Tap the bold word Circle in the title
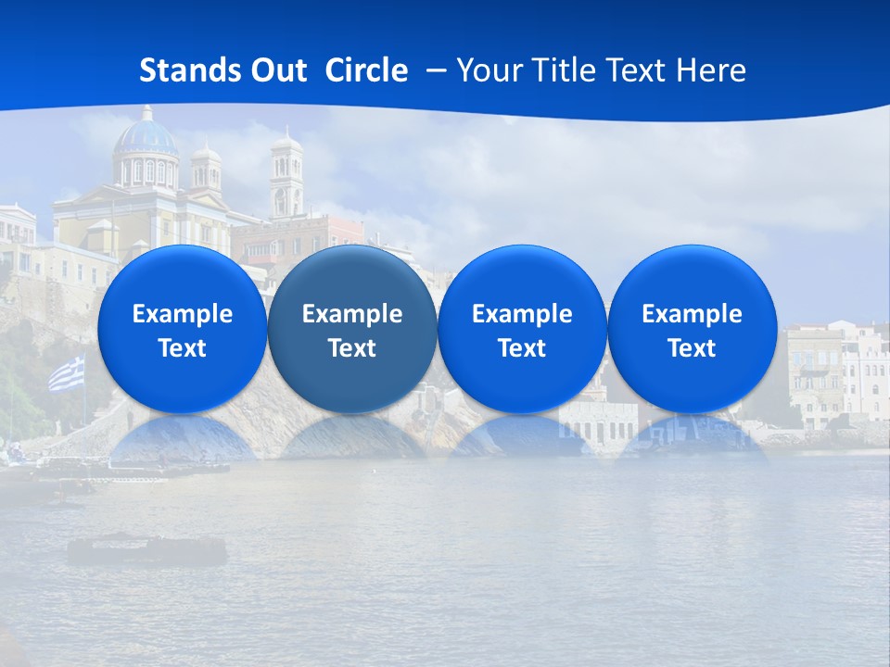tap(366, 70)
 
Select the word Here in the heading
tap(711, 70)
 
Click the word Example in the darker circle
tap(352, 314)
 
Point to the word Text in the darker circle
tap(352, 348)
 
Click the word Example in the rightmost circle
tap(692, 314)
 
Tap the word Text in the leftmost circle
tap(182, 348)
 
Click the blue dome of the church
tap(146, 137)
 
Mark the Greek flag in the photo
tap(66, 375)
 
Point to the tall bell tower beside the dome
tap(286, 176)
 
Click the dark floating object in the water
tap(146, 551)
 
